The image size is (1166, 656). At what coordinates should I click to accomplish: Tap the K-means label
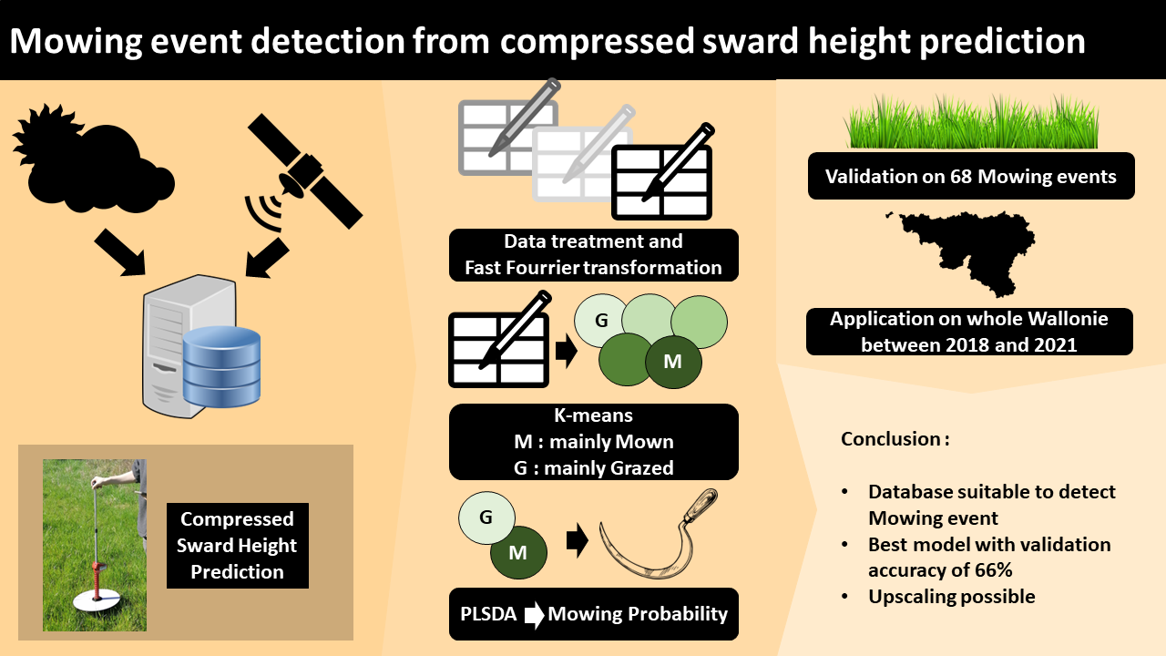593,415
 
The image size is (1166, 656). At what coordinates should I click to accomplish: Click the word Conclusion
890,439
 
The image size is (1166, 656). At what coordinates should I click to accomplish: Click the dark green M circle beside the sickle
518,552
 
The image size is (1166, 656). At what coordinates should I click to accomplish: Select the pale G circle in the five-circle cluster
601,320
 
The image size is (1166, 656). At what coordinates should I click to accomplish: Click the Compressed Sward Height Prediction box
238,546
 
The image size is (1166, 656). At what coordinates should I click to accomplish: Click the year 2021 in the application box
1080,345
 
